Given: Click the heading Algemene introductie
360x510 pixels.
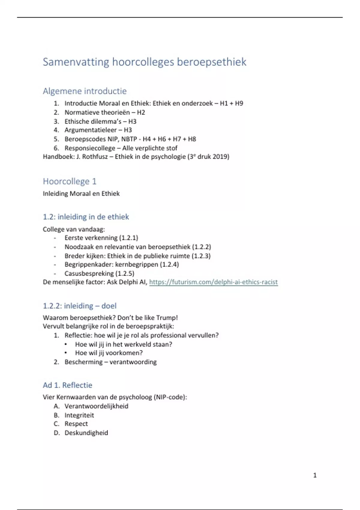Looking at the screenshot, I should (85, 91).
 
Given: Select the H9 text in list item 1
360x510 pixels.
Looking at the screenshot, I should (239, 103).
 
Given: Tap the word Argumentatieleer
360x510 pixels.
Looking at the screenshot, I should (91, 130).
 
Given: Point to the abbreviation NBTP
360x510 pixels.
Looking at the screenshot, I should (129, 139).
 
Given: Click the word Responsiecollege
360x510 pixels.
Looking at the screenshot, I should (90, 148).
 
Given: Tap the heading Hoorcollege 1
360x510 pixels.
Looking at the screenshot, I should (70, 181).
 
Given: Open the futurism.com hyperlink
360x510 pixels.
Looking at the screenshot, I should (213, 282).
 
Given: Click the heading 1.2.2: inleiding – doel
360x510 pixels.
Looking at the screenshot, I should (79, 306).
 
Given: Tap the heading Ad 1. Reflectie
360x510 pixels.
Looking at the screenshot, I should (67, 385).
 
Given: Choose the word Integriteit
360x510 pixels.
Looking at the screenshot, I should (79, 415).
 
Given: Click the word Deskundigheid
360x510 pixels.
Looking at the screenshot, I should (86, 433).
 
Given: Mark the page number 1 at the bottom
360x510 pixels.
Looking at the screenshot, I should (315, 475).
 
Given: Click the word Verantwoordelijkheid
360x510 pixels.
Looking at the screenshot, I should (96, 406).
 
